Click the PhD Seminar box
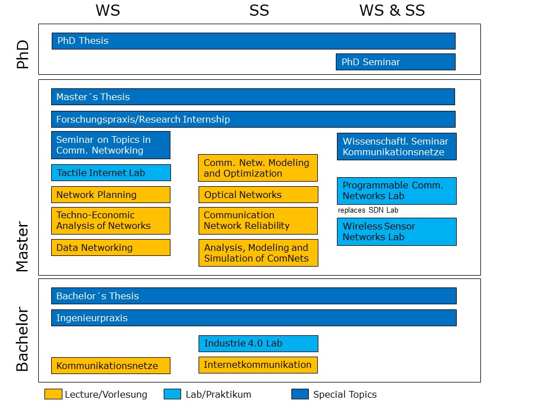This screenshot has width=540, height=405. pyautogui.click(x=395, y=62)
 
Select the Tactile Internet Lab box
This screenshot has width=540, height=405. pyautogui.click(x=111, y=173)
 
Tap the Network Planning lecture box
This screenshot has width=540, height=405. pyautogui.click(x=111, y=195)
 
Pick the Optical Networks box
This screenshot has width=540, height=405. pyautogui.click(x=258, y=195)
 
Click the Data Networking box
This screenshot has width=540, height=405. pyautogui.click(x=111, y=247)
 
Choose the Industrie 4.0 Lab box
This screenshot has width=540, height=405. pyautogui.click(x=258, y=344)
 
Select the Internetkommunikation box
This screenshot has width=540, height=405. pyautogui.click(x=258, y=365)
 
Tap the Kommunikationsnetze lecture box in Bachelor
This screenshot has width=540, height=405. pyautogui.click(x=111, y=366)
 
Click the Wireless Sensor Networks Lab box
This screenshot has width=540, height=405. pyautogui.click(x=397, y=232)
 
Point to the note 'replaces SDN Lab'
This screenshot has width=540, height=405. pyautogui.click(x=368, y=210)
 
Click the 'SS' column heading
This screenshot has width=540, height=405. pyautogui.click(x=259, y=10)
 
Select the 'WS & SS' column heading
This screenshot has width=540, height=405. pyautogui.click(x=392, y=10)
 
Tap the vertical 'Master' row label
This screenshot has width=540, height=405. pyautogui.click(x=22, y=246)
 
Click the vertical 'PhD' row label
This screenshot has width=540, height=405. pyautogui.click(x=22, y=55)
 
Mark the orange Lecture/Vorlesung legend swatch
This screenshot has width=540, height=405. pyautogui.click(x=53, y=394)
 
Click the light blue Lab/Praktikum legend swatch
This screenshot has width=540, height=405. pyautogui.click(x=173, y=394)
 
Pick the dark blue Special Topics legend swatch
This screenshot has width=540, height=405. pyautogui.click(x=300, y=394)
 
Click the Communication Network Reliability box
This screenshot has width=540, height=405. pyautogui.click(x=258, y=220)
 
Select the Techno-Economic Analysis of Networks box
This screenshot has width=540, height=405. pyautogui.click(x=111, y=220)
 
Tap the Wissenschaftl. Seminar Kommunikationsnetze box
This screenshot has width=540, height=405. pyautogui.click(x=397, y=146)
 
